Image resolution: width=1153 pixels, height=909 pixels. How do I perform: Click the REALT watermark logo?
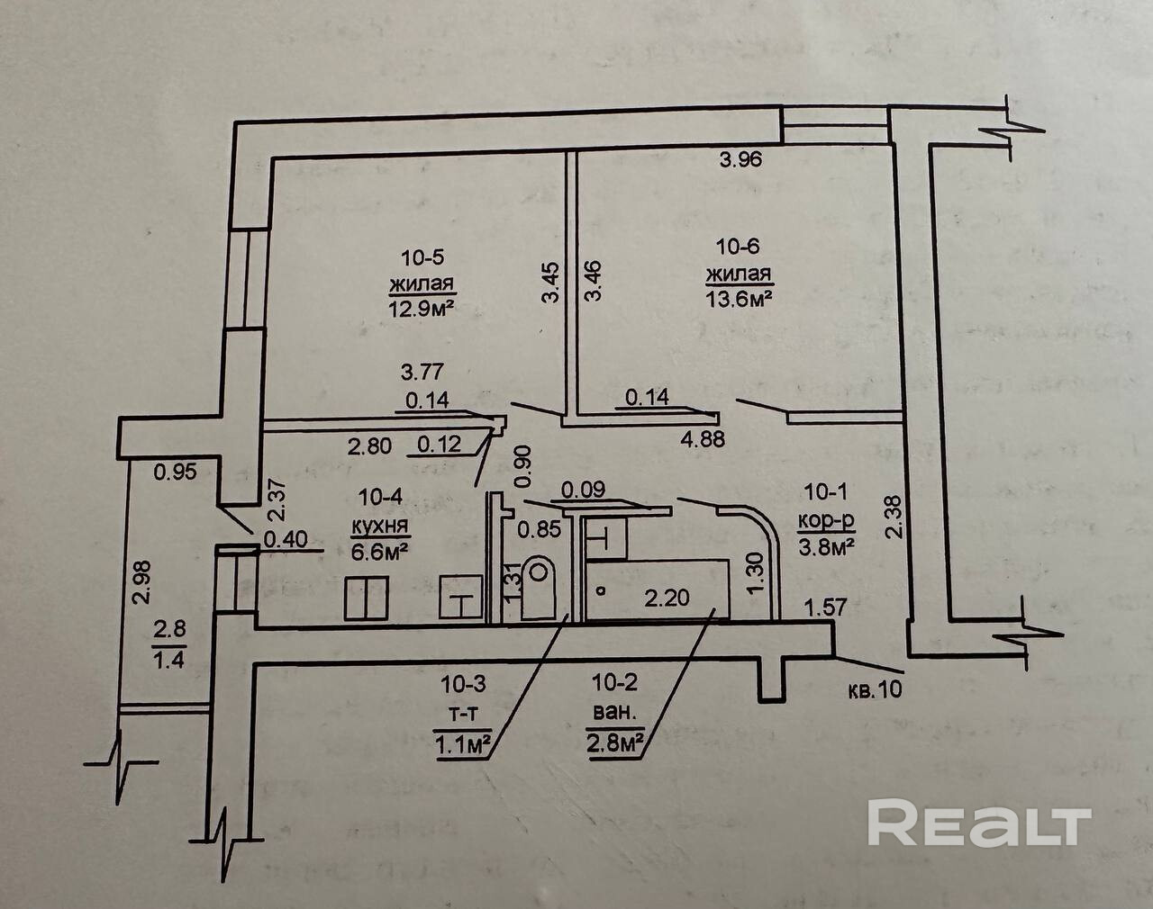[979, 823]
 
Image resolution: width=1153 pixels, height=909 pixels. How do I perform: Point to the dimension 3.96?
[741, 161]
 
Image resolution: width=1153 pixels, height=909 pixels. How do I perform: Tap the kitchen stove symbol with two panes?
[368, 598]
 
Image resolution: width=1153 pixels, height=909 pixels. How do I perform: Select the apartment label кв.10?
[874, 691]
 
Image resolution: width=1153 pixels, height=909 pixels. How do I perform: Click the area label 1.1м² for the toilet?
[464, 743]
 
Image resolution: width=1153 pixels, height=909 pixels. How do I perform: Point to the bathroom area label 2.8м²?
[615, 743]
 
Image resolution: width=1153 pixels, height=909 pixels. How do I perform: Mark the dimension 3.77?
[422, 371]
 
